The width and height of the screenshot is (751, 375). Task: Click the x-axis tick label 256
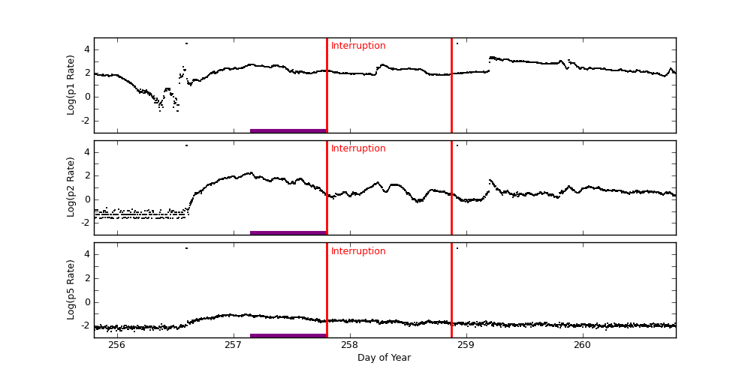click(116, 345)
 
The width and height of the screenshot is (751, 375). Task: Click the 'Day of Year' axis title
click(384, 358)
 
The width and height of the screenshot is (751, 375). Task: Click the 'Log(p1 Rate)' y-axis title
click(71, 85)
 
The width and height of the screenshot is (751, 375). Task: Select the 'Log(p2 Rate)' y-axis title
click(71, 187)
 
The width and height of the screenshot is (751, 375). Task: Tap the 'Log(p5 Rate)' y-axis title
click(71, 289)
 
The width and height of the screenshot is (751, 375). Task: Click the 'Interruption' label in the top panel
click(358, 46)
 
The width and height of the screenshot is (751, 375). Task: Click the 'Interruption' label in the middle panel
click(358, 148)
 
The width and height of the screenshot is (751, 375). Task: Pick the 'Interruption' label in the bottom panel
click(358, 251)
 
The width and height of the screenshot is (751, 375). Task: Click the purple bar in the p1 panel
click(288, 130)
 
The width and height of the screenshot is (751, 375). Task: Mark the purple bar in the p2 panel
click(288, 232)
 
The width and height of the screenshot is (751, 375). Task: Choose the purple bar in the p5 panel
click(288, 335)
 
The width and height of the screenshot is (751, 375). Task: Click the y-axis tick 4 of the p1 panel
click(86, 49)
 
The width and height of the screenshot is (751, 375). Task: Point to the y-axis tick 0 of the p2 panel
click(86, 199)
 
